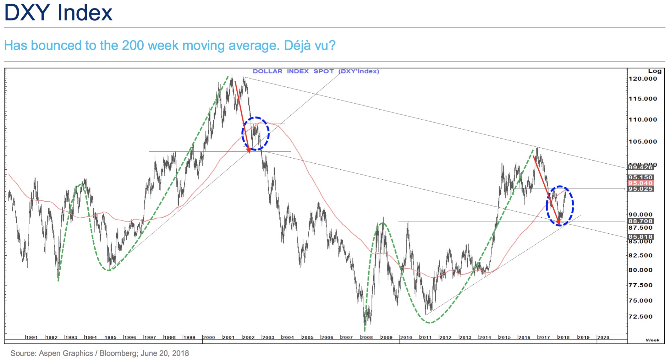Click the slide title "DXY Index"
[x=58, y=13]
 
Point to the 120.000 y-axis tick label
[x=642, y=79]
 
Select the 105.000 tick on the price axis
[x=642, y=142]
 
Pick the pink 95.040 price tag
[x=640, y=183]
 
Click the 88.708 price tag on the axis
[x=640, y=221]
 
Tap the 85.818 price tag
[x=640, y=237]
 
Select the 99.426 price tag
[x=640, y=167]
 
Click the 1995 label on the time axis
[x=110, y=338]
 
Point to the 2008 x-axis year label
[x=366, y=338]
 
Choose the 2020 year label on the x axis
[x=603, y=338]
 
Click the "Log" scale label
[x=655, y=71]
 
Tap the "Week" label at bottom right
[x=652, y=340]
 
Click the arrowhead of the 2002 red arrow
[x=249, y=151]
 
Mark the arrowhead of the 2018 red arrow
[x=558, y=223]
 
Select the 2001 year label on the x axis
[x=228, y=338]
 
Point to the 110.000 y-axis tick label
[x=642, y=120]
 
